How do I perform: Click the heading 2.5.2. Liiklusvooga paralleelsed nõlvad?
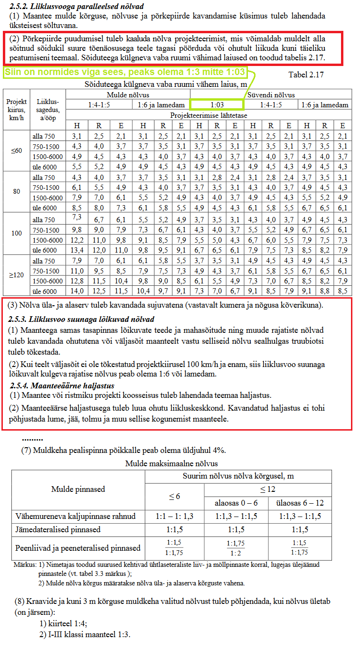coord(76,7)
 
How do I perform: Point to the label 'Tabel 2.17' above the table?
coord(306,75)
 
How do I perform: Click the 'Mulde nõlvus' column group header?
coord(128,94)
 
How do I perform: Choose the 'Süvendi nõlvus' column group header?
coord(270,94)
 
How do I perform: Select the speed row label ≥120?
coord(17,275)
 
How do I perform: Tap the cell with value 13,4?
coord(76,250)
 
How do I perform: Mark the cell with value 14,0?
coord(76,292)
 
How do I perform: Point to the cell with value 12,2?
coord(76,240)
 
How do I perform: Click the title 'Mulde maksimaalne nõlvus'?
coord(171,463)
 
